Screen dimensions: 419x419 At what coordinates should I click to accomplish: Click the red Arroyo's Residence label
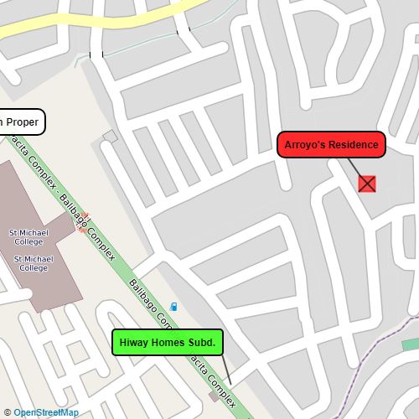coord(331,145)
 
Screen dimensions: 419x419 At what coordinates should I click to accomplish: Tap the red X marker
coord(367,184)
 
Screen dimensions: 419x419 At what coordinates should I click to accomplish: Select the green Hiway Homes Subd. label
coord(168,343)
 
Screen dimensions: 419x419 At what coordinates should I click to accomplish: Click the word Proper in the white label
coord(23,122)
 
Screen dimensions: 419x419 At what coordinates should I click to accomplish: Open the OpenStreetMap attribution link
coord(46,412)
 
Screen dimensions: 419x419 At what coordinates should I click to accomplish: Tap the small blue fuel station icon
coord(174,307)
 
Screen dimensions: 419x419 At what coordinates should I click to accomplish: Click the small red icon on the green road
coord(82,224)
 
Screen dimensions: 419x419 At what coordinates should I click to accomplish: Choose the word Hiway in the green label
coord(135,343)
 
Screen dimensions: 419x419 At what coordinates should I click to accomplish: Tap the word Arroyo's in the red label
coord(303,145)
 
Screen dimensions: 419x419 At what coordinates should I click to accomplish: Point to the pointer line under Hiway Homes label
coord(226,369)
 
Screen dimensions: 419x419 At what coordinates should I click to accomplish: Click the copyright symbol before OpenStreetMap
coord(8,412)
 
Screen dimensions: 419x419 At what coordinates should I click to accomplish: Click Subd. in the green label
coord(201,343)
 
